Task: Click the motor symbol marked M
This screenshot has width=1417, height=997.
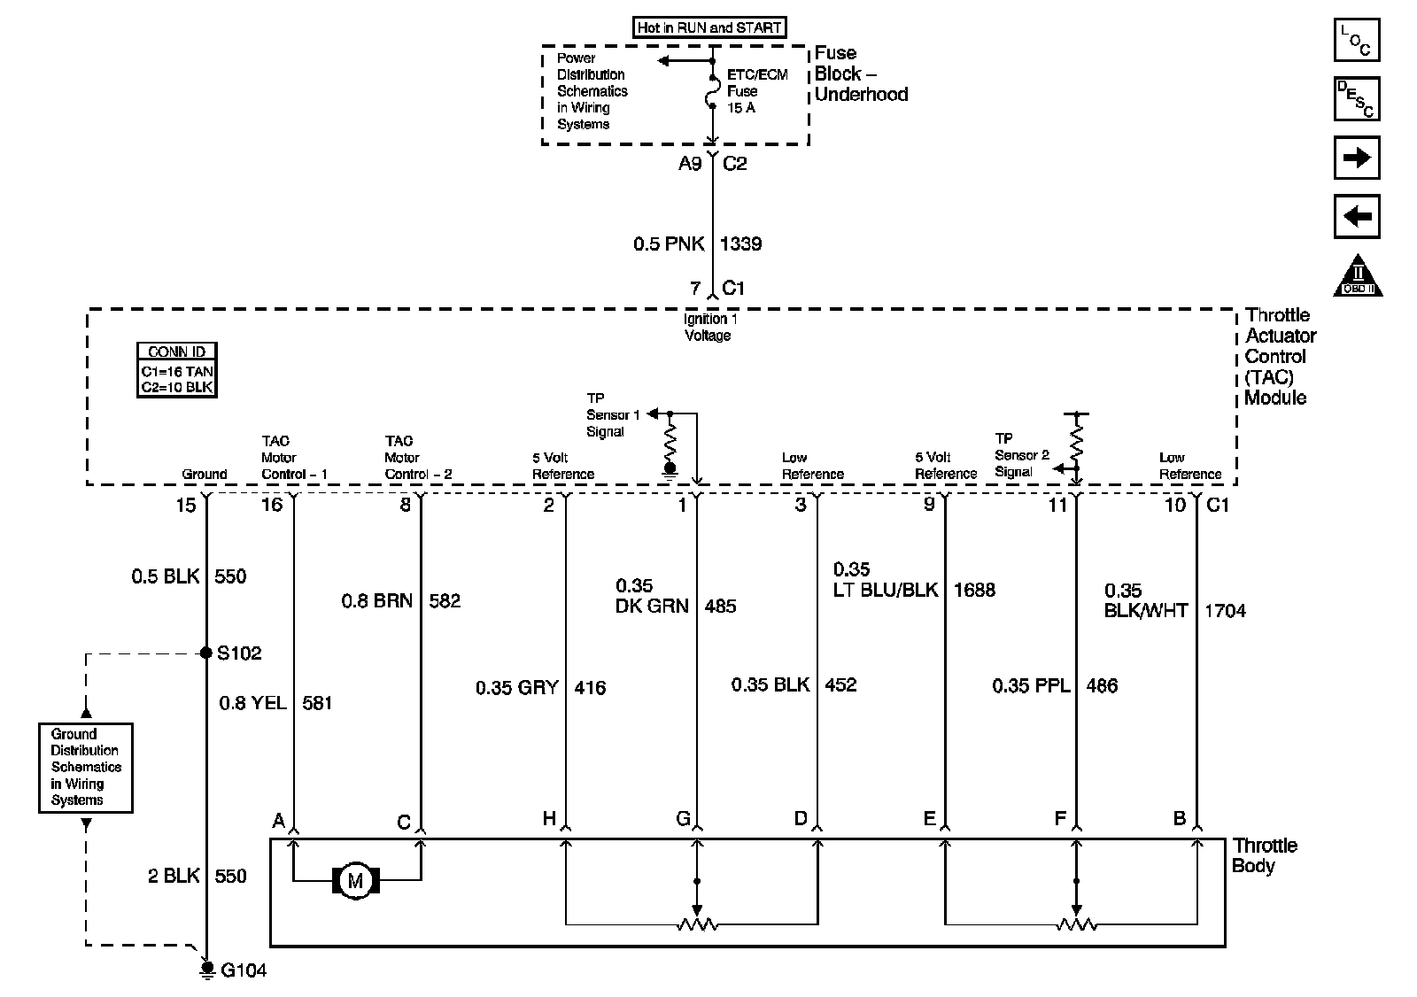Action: (355, 881)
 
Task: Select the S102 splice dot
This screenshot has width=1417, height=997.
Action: (206, 653)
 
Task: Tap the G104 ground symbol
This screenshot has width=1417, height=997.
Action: (206, 970)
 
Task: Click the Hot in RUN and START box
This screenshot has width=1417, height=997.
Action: (709, 27)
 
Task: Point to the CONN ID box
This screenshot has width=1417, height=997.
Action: (177, 370)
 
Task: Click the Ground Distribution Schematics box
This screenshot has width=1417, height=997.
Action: (86, 768)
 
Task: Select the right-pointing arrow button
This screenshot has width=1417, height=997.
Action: (1356, 158)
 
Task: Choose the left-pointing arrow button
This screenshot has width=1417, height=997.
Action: (1356, 216)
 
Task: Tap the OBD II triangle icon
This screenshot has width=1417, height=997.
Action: (1358, 276)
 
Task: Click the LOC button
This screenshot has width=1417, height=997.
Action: (1356, 40)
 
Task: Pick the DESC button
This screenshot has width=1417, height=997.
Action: (1356, 99)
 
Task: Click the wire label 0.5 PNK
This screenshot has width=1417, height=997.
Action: (668, 244)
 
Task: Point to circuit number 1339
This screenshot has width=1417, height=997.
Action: (741, 244)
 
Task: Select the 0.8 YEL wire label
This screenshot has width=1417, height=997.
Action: (252, 703)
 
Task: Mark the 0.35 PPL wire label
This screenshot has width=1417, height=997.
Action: (1031, 685)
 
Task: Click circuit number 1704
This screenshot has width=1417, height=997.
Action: (1225, 611)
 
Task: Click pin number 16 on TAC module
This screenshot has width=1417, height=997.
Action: (271, 505)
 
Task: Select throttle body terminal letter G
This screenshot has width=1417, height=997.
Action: (683, 819)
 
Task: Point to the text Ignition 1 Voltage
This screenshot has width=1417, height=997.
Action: (708, 327)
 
